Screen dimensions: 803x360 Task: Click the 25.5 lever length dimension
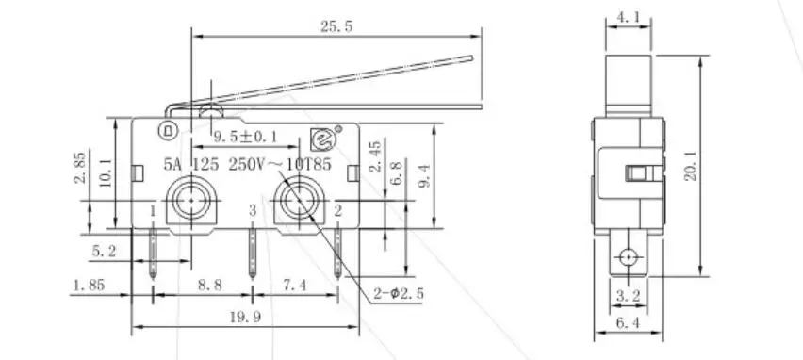[x=336, y=26]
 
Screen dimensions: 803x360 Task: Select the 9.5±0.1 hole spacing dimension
[x=246, y=137]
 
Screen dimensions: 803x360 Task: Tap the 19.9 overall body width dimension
[x=245, y=318]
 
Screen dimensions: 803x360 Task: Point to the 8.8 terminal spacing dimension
[x=209, y=286]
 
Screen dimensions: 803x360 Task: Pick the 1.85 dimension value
[x=90, y=285]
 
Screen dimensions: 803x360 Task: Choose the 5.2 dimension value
[x=104, y=252]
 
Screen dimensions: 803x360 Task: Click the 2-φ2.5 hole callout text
[x=399, y=294]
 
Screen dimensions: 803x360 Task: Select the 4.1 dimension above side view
[x=628, y=17]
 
